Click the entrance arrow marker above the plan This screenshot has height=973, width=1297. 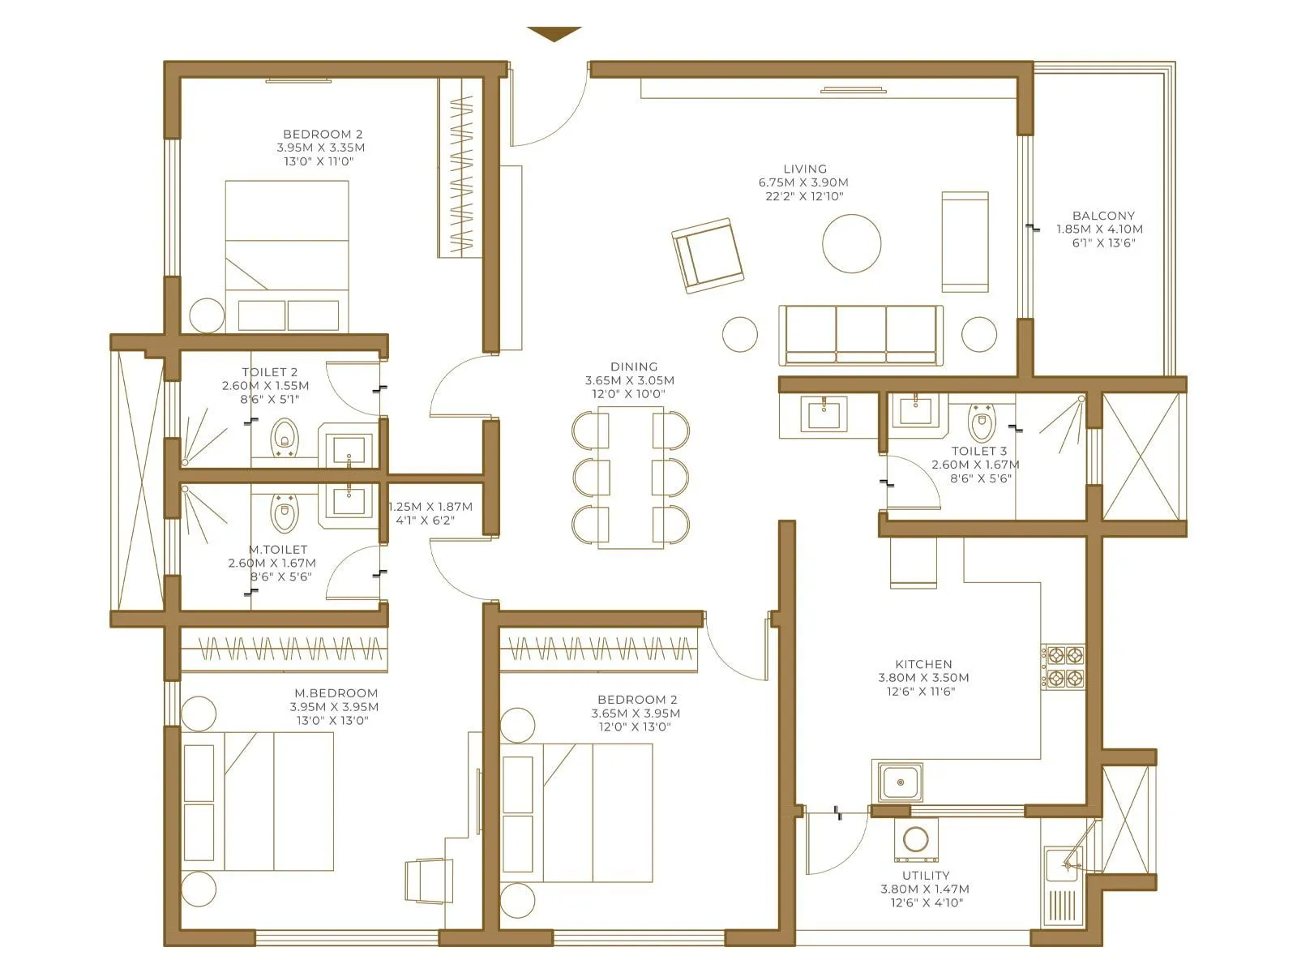[554, 33]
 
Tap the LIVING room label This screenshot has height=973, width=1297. [804, 169]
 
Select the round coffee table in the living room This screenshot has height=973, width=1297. [851, 243]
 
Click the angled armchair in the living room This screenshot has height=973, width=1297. [707, 255]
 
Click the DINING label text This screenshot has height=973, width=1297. [634, 367]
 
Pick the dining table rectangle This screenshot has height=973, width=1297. [631, 477]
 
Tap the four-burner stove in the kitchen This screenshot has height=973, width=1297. [1063, 667]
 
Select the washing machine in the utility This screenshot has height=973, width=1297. [916, 840]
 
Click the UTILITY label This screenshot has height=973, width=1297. [925, 876]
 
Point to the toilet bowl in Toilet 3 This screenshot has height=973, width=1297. [982, 424]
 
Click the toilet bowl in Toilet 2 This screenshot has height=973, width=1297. [284, 435]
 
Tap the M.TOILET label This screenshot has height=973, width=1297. [277, 550]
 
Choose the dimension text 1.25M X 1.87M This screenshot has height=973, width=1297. [430, 507]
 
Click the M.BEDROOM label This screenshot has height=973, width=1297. [336, 693]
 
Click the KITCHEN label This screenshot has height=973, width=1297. [923, 664]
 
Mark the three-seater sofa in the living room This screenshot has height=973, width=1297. [860, 335]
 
